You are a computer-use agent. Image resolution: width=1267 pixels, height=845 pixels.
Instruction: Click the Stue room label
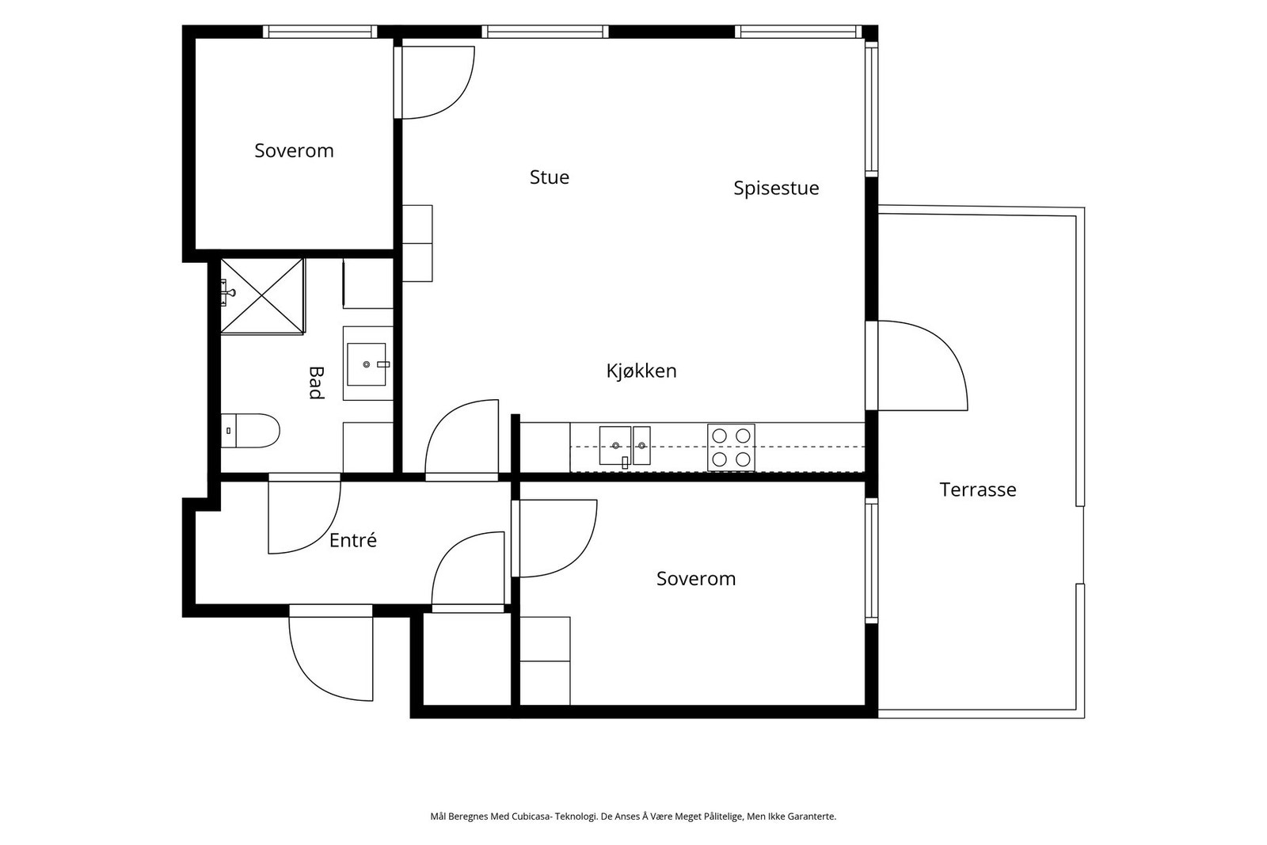tap(550, 177)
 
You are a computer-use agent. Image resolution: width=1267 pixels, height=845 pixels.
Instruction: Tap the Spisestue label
tap(776, 188)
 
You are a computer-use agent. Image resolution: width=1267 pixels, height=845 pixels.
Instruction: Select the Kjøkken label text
tap(641, 371)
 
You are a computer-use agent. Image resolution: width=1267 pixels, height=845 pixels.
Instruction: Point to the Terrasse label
tap(978, 489)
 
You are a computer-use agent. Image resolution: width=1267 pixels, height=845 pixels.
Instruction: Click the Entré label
tap(353, 540)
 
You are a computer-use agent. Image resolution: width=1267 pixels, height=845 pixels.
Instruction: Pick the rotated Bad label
tap(316, 383)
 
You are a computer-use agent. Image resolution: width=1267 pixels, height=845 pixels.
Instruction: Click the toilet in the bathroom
tap(250, 430)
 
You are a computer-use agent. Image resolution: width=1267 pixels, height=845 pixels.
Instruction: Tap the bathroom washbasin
tap(367, 364)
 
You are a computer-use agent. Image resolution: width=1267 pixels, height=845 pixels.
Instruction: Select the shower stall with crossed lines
tap(262, 296)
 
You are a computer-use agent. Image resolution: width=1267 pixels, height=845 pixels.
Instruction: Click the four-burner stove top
tap(731, 447)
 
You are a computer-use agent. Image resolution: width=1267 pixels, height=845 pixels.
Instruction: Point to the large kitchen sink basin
tap(614, 446)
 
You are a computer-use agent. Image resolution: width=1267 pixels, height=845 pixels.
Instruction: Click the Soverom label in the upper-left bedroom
tap(294, 151)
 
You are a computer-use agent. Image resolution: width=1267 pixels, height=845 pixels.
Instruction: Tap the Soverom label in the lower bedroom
tap(696, 579)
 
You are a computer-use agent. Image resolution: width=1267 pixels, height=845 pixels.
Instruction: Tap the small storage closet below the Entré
tap(467, 659)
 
